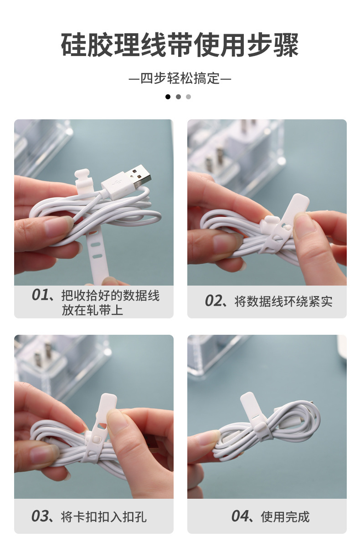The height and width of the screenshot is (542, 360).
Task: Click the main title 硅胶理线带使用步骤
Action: (180, 45)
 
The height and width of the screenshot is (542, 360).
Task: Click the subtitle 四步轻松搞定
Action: (180, 79)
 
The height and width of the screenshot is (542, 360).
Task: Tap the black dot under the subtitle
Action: (168, 97)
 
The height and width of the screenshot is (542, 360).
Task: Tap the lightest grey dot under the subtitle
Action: (189, 97)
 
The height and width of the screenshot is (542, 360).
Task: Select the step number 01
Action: (40, 295)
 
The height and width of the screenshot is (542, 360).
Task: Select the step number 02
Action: (213, 301)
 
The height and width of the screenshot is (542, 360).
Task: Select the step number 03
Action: (40, 516)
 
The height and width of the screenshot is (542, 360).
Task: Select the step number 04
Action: (240, 516)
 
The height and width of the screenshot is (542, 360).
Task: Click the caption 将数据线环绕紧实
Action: (283, 302)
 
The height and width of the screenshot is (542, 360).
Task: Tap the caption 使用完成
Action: (285, 517)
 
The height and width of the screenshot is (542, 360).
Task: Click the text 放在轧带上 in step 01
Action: (93, 310)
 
